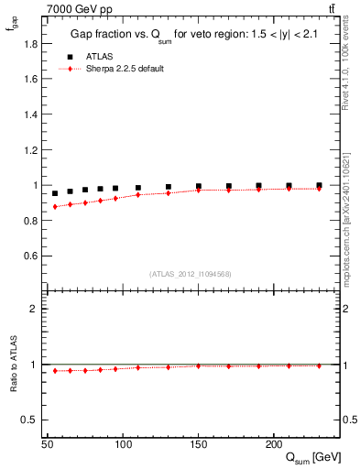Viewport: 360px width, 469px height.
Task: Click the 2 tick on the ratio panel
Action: tap(36, 309)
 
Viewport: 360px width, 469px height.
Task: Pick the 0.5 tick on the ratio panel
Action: tap(32, 420)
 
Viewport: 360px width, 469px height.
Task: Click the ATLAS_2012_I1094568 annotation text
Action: tap(189, 274)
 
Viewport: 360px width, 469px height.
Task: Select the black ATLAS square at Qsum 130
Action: tap(169, 187)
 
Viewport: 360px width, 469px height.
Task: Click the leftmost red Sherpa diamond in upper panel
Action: tap(55, 207)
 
